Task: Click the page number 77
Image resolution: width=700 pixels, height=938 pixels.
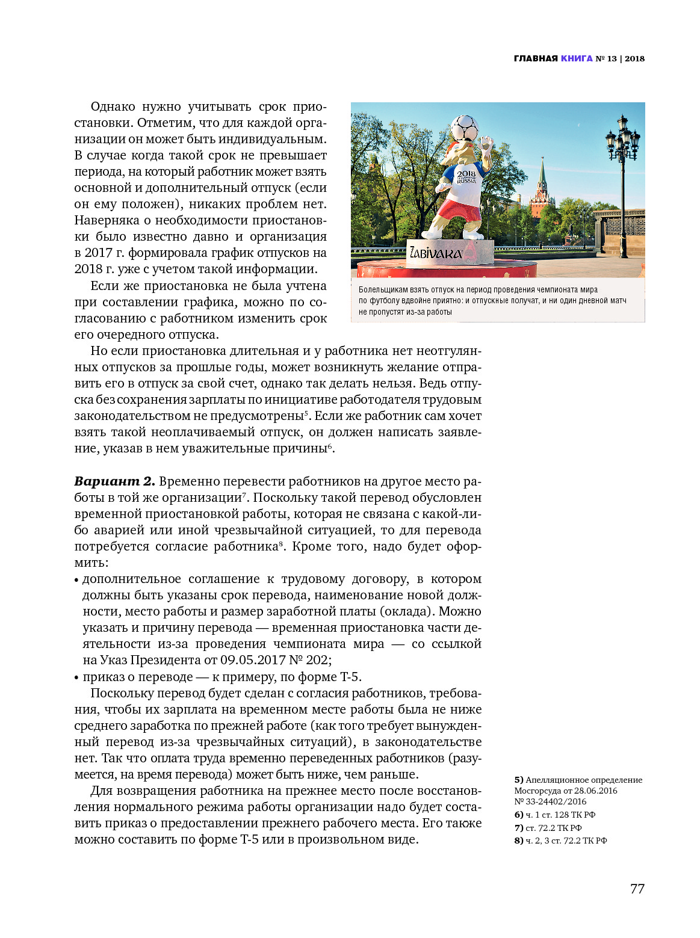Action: [637, 889]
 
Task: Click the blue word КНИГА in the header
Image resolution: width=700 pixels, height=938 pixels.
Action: [577, 58]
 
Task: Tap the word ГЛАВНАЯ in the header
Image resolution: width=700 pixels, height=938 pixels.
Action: [536, 58]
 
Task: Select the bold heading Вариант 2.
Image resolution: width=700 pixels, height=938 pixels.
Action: [114, 481]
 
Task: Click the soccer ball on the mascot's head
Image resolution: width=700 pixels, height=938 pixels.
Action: [464, 128]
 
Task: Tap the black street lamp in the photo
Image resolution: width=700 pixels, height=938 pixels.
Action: [622, 181]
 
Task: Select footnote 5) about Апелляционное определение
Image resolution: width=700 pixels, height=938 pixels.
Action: [578, 791]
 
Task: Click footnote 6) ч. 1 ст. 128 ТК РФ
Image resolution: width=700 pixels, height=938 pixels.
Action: [554, 815]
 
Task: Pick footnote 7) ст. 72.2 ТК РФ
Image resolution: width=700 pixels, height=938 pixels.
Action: [548, 828]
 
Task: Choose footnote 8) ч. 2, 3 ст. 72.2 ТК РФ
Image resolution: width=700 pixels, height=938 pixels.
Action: [560, 841]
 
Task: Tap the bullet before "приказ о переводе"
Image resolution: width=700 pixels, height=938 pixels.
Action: [77, 677]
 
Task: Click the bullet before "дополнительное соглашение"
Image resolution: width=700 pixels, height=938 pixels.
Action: [77, 580]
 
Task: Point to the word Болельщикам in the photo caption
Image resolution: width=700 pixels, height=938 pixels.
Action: [383, 290]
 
